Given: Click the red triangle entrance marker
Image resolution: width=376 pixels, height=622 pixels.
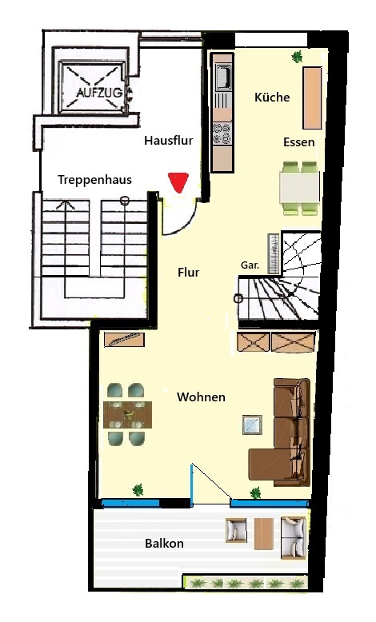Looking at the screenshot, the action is [178, 182].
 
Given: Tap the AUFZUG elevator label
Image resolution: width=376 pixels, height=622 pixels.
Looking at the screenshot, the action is [99, 94].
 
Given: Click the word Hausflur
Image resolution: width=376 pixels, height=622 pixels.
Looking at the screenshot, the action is [168, 140].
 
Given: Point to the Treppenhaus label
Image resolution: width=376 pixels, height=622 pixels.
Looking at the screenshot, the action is [94, 180].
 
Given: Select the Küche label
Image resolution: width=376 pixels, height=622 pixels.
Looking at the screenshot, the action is [272, 98].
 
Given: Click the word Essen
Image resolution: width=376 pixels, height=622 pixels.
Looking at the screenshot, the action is [298, 142].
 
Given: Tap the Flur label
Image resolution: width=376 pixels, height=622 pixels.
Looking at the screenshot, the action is [188, 273].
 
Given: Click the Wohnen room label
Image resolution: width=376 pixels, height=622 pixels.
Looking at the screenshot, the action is [201, 397].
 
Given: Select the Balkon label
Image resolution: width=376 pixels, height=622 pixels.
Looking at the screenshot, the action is [164, 543].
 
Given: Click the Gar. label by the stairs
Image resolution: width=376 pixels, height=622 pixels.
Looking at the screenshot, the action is [250, 265].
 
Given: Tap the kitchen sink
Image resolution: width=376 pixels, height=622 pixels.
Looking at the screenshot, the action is [222, 75].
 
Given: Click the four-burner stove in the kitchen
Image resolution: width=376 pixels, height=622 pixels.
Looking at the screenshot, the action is [222, 134].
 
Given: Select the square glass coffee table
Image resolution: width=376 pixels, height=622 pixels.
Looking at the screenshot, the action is [252, 425].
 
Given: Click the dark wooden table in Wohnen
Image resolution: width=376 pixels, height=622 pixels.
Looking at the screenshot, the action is [127, 415].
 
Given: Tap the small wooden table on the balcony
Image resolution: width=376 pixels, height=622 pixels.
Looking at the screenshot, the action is [263, 533].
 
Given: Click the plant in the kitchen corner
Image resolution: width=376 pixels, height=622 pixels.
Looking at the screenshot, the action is [297, 57].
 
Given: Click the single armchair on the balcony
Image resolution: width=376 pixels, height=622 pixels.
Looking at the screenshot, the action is [236, 530].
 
